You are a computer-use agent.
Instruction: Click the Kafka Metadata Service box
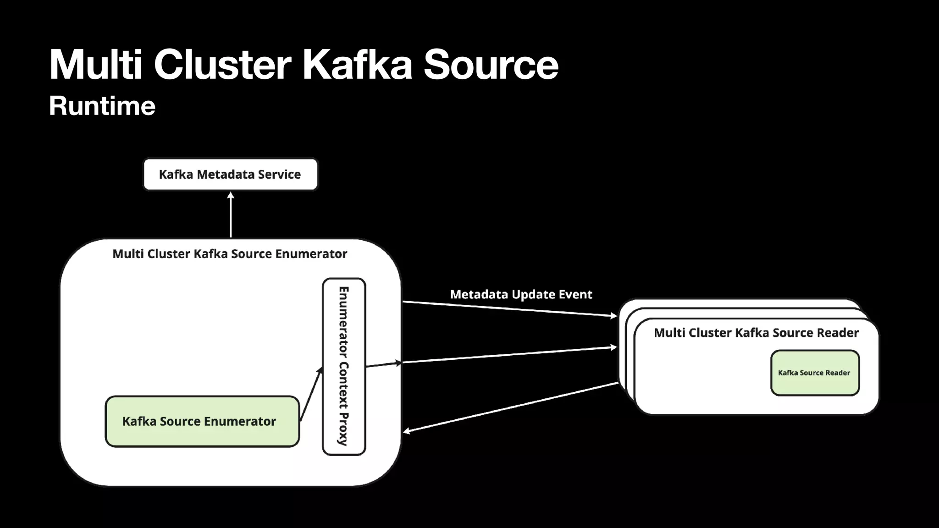tap(230, 174)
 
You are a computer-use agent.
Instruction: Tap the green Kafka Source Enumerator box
tap(202, 421)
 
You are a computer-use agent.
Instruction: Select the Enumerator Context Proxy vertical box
tap(344, 366)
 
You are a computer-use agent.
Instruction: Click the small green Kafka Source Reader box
tap(815, 373)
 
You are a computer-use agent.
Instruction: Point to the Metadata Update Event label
tap(521, 294)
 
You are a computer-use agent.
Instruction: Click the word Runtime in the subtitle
tap(102, 106)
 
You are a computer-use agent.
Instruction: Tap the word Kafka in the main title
tap(357, 65)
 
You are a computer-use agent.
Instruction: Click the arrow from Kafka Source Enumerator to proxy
tap(311, 394)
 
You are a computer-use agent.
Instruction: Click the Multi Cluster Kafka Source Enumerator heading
tap(230, 254)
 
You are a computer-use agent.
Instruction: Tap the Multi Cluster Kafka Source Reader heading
tap(756, 333)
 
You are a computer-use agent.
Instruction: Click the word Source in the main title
tap(491, 65)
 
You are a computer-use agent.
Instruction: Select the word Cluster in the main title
tap(222, 65)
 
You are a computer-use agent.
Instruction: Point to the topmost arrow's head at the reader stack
tap(614, 315)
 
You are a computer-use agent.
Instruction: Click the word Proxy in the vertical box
tap(343, 429)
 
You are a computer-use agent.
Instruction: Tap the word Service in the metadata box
tap(279, 174)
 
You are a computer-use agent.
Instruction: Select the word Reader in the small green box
tap(838, 373)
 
